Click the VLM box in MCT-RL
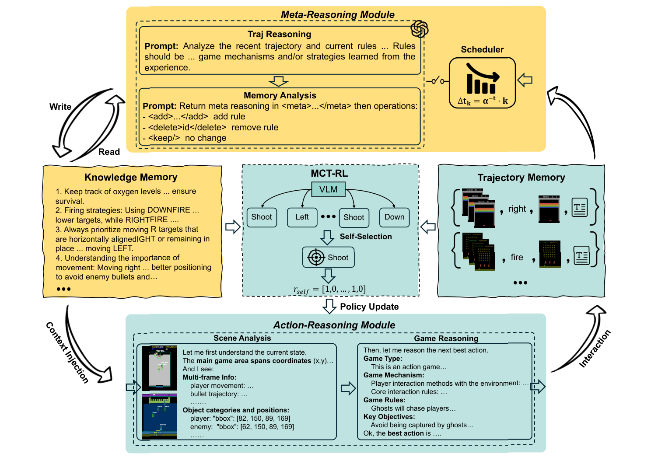coord(328,189)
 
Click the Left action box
coord(302,217)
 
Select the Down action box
coord(394,217)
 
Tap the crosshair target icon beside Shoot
coord(316,257)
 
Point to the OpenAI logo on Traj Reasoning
coord(419,29)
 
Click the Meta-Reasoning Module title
coord(337,14)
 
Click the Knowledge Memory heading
coord(131,177)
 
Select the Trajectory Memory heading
coord(521,178)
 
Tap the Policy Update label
coord(369,307)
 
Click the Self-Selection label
coord(366,237)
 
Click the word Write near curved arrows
coord(60,107)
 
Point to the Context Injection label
coord(68,352)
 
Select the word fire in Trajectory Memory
coord(517,257)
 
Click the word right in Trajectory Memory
coord(517,209)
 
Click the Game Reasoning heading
coord(446,338)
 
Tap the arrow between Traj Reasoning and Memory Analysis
coord(279,81)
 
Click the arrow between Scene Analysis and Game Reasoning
coord(348,388)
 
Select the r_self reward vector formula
coord(329,290)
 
